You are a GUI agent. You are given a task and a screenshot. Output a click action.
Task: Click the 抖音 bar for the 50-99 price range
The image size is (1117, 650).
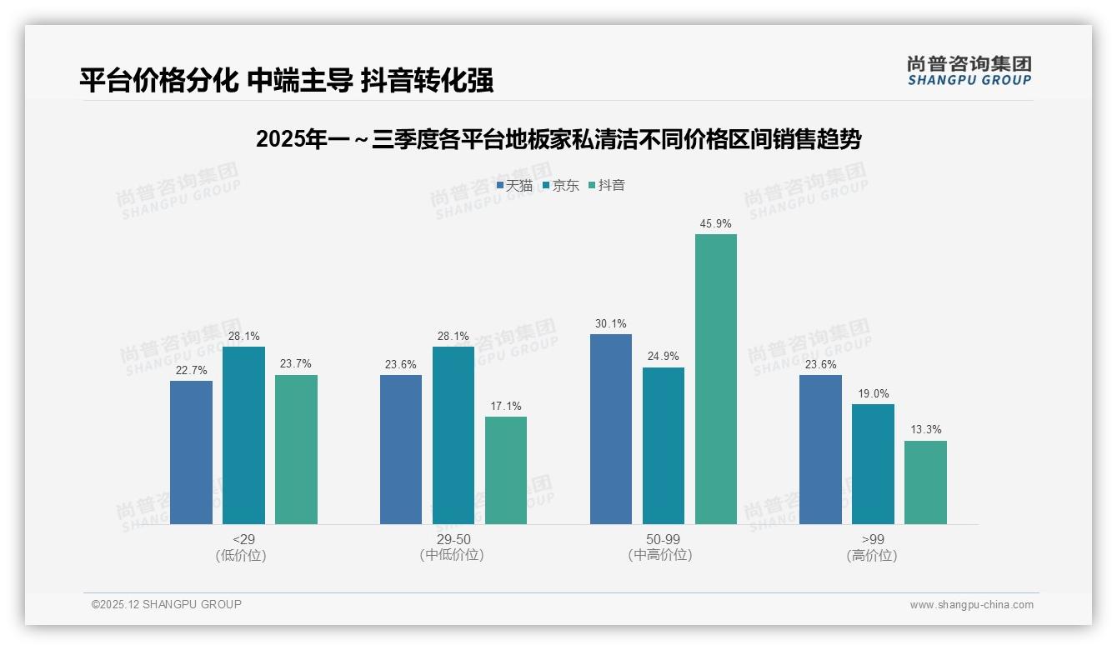pyautogui.click(x=716, y=379)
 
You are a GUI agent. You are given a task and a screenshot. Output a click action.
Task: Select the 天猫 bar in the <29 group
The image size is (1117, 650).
pyautogui.click(x=191, y=452)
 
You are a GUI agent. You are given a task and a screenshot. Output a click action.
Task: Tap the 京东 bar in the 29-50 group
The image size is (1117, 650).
pyautogui.click(x=453, y=435)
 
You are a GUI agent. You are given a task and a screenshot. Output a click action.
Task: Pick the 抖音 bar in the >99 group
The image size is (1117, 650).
pyautogui.click(x=925, y=482)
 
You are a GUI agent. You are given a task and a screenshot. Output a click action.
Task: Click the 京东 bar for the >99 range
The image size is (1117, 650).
pyautogui.click(x=873, y=464)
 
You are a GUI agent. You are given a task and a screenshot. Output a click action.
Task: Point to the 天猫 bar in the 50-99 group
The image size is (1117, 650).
pyautogui.click(x=611, y=429)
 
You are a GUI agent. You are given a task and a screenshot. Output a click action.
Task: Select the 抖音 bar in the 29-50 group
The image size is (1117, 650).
pyautogui.click(x=506, y=470)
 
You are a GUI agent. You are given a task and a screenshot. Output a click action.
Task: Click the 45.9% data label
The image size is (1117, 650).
pyautogui.click(x=716, y=224)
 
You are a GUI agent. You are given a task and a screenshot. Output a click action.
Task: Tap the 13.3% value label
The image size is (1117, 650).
pyautogui.click(x=925, y=430)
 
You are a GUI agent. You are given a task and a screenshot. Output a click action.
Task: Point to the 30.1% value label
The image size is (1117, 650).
pyautogui.click(x=611, y=324)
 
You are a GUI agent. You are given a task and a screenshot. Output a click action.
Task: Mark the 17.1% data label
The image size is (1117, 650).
pyautogui.click(x=506, y=407)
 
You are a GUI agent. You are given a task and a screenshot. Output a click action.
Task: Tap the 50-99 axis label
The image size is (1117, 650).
pyautogui.click(x=663, y=539)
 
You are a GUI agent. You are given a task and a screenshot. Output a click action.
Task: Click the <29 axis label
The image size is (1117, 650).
pyautogui.click(x=243, y=539)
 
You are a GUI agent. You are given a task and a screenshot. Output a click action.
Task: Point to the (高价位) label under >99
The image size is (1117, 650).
pyautogui.click(x=872, y=556)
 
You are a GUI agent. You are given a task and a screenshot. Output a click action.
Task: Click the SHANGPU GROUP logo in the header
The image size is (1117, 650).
pyautogui.click(x=969, y=71)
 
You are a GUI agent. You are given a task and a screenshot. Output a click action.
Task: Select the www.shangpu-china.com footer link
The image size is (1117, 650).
pyautogui.click(x=971, y=605)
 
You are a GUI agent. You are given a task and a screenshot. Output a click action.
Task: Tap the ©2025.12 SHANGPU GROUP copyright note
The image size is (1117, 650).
pyautogui.click(x=167, y=604)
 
